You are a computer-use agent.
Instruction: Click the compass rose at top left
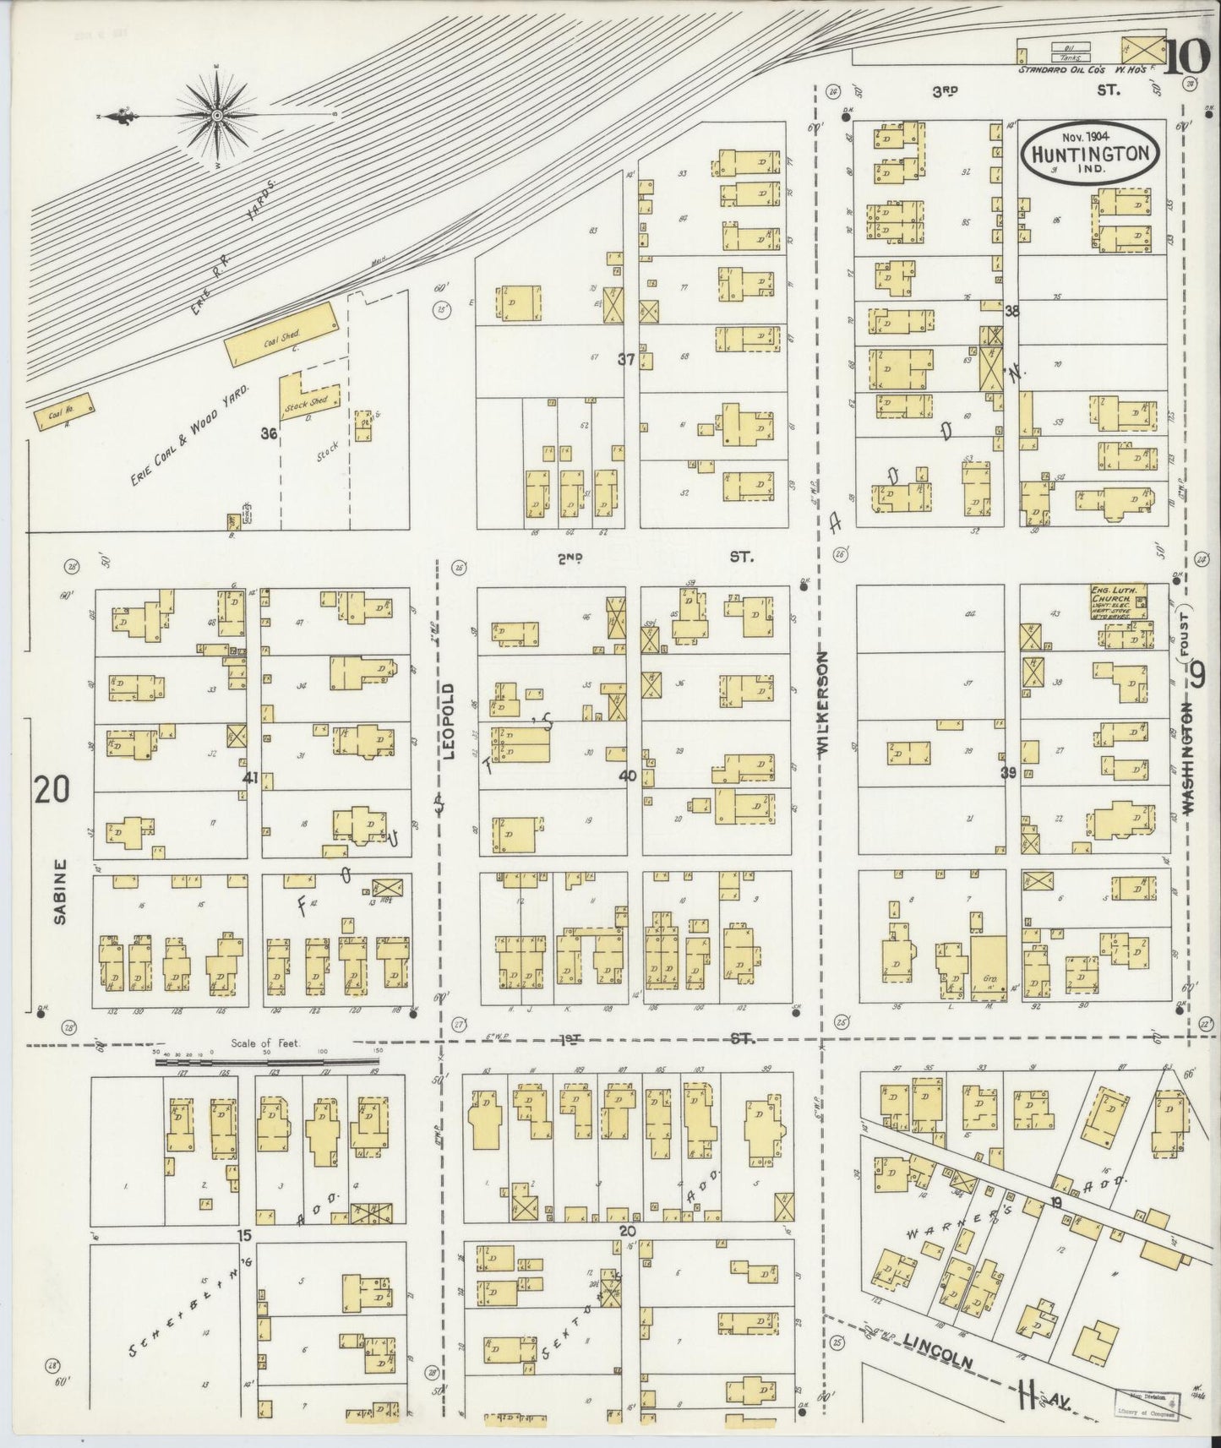pyautogui.click(x=216, y=115)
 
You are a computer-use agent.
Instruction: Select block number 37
pyautogui.click(x=625, y=359)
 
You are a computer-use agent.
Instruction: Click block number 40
pyautogui.click(x=627, y=775)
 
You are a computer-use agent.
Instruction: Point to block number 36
pyautogui.click(x=269, y=434)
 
